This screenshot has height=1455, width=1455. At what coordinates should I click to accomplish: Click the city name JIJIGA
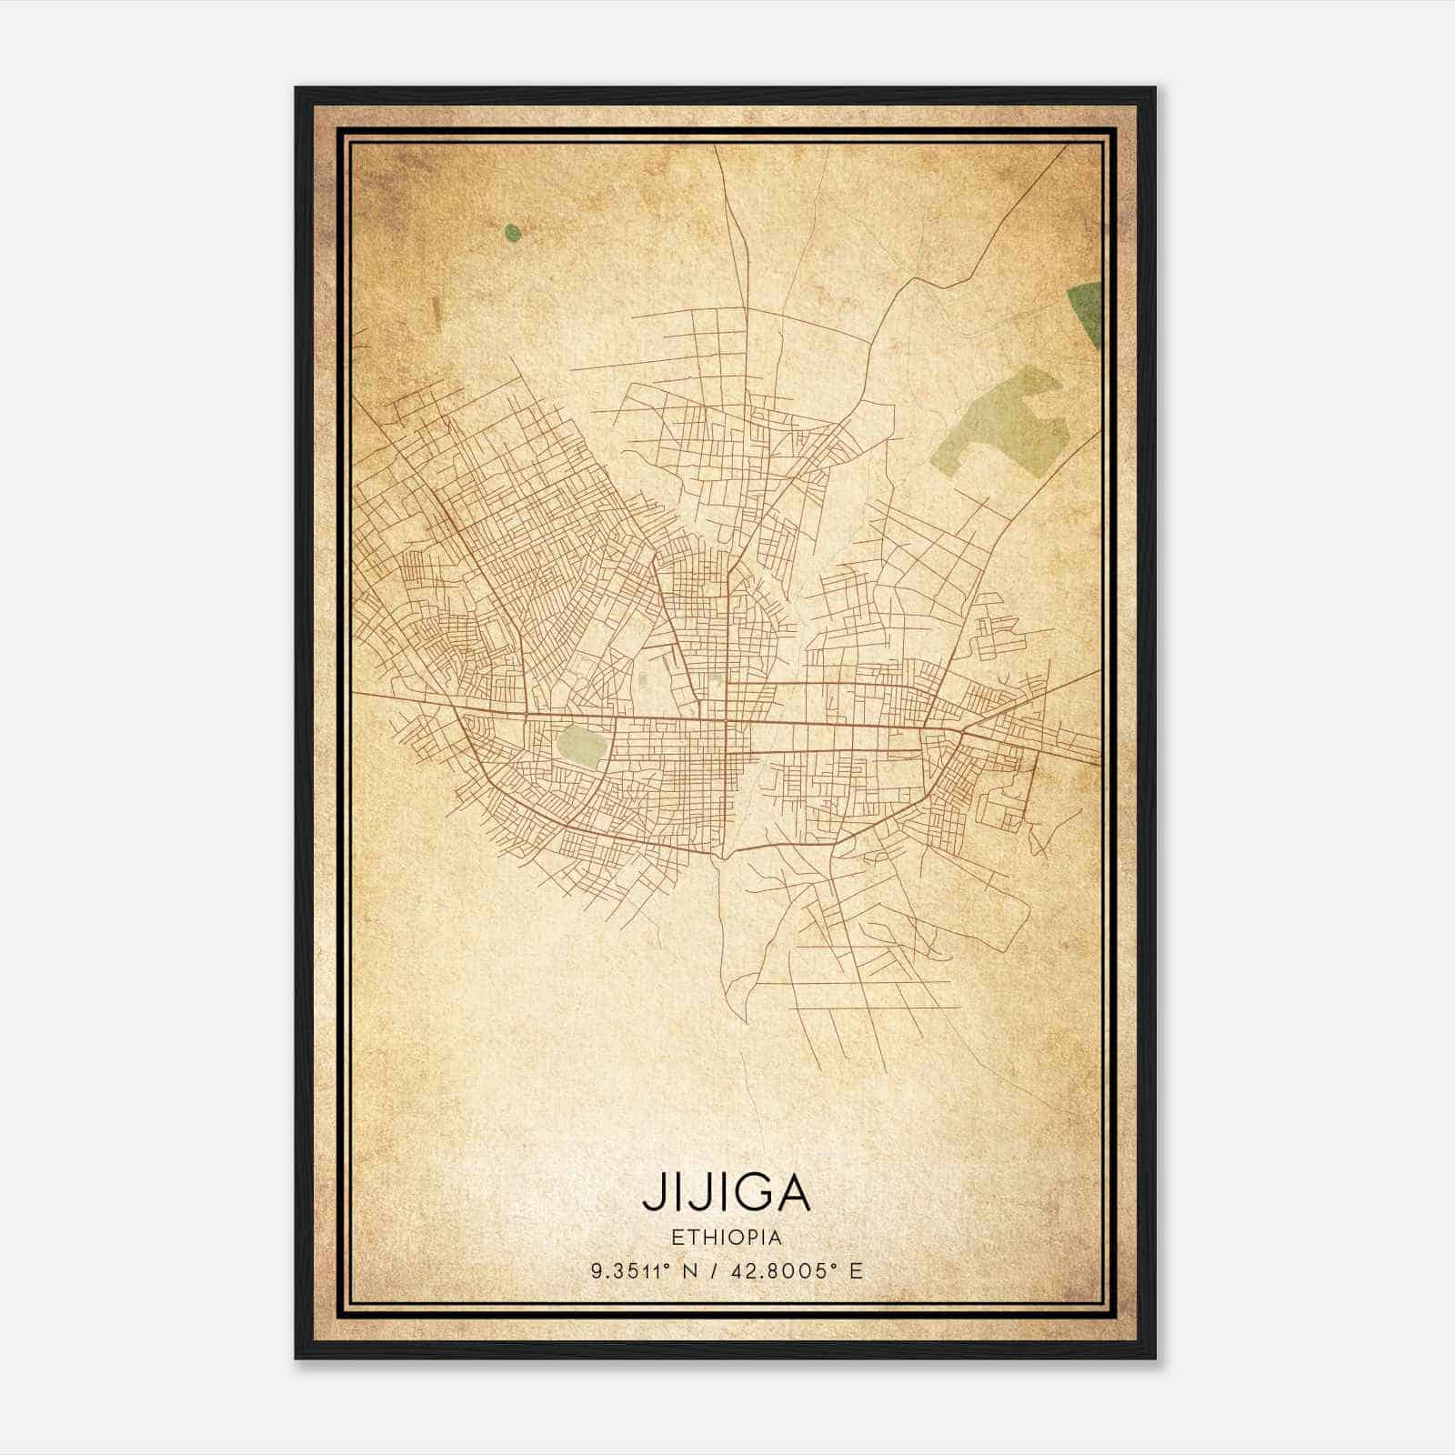tap(726, 1192)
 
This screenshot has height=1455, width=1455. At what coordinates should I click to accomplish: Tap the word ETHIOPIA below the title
tap(727, 1237)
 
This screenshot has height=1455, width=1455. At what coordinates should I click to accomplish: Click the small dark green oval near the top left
tap(513, 234)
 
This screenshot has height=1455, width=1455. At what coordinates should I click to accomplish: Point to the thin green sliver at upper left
tap(436, 313)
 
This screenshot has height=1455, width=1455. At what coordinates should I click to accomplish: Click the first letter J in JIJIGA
tap(652, 1193)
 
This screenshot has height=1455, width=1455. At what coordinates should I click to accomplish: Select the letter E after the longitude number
tap(855, 1270)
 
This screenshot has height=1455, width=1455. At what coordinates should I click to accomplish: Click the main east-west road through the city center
tap(818, 725)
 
